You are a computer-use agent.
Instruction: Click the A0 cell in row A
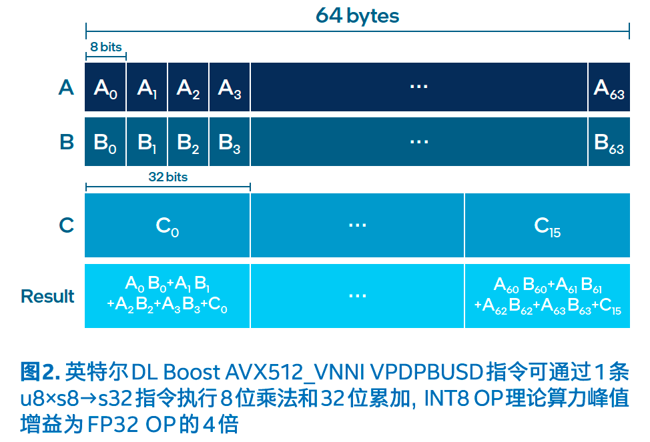point(105,87)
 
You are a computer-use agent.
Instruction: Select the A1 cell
point(147,87)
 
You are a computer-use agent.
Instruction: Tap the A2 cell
point(188,87)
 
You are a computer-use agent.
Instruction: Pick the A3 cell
point(230,87)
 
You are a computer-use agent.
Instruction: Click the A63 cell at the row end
point(609,87)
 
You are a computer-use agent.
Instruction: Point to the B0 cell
point(105,142)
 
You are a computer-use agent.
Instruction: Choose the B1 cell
point(147,142)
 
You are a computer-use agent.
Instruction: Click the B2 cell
point(188,142)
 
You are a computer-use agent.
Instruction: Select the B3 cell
point(230,142)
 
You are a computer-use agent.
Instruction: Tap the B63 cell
point(609,142)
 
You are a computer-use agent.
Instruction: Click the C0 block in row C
point(168,225)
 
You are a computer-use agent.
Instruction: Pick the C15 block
point(547,225)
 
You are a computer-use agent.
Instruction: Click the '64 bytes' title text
point(357,15)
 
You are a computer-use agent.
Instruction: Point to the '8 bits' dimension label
point(106,47)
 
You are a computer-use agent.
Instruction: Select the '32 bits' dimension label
point(168,177)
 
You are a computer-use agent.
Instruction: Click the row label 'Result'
point(47,296)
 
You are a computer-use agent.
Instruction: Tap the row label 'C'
point(66,225)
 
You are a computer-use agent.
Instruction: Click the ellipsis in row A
point(418,87)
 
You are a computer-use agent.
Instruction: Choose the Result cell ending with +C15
point(547,296)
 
